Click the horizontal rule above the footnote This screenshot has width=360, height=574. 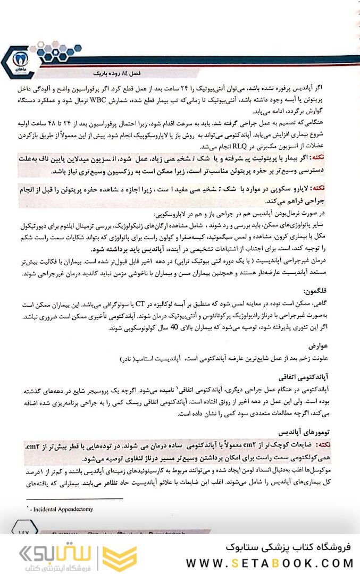pyautogui.click(x=74, y=499)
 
